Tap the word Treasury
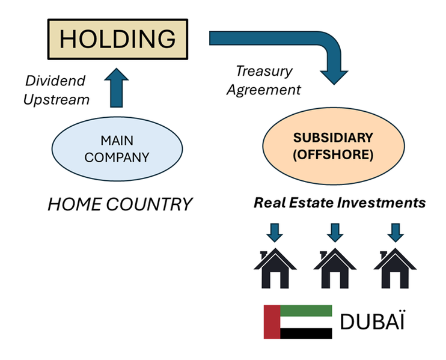pos(263,72)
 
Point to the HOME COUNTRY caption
pos(120,204)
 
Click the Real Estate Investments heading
pos(339,203)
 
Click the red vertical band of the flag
pos(272,322)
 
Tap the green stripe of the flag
pos(307,310)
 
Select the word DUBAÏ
pos(372,322)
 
